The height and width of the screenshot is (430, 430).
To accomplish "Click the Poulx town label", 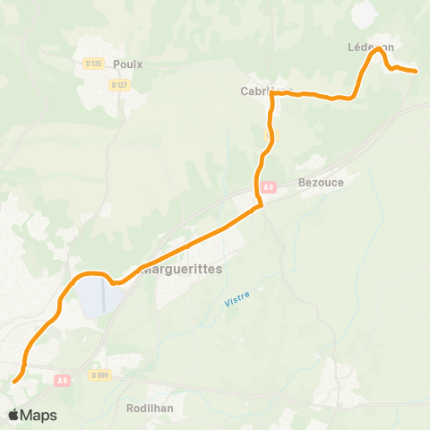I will pyautogui.click(x=129, y=64).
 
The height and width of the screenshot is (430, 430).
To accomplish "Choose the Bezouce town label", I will pyautogui.click(x=321, y=181).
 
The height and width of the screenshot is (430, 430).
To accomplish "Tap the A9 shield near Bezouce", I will pyautogui.click(x=268, y=187).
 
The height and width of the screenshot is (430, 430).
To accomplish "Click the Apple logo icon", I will pyautogui.click(x=14, y=415).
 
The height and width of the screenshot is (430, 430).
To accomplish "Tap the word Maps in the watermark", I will pyautogui.click(x=39, y=415).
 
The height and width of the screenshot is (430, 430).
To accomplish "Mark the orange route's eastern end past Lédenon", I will pyautogui.click(x=416, y=71).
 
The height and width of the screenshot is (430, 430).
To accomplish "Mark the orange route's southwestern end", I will pyautogui.click(x=15, y=381).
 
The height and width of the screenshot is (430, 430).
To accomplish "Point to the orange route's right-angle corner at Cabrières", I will pyautogui.click(x=272, y=93).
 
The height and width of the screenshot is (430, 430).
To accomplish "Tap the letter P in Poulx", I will pyautogui.click(x=117, y=64).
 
